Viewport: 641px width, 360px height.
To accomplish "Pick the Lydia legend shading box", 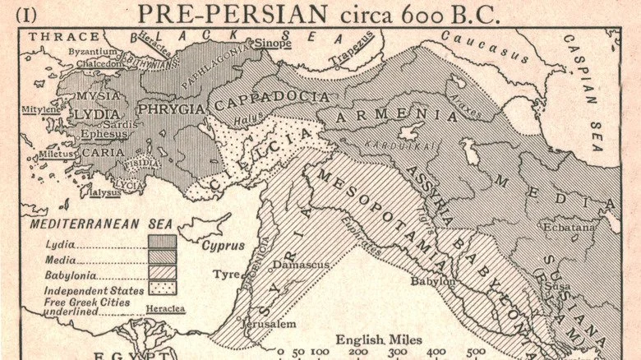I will [x=162, y=242].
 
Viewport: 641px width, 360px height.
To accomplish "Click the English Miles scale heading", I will [x=379, y=338].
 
